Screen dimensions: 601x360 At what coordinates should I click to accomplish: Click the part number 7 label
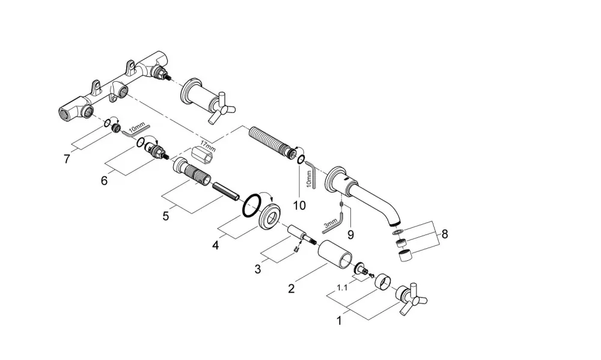coord(67,158)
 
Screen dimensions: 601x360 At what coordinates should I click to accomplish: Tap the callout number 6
coord(104,180)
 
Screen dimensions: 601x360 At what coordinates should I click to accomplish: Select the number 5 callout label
coord(166,216)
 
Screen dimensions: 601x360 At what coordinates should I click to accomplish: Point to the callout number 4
coord(216,245)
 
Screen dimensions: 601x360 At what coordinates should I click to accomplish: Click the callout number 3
coord(258,269)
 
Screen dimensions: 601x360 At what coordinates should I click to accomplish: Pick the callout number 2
coord(291,288)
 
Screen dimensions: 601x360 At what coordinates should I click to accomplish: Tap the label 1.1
coord(342,287)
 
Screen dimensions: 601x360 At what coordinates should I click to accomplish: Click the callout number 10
coord(300,206)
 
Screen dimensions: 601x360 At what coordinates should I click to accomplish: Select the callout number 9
coord(351,234)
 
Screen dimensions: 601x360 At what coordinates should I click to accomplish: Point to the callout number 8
coord(445,233)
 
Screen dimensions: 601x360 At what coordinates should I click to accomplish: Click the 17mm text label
coord(208,146)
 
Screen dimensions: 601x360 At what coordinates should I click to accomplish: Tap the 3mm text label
coord(331,224)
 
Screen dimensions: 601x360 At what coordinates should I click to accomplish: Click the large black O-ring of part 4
coord(251,206)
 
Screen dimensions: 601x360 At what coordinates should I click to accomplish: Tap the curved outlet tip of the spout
coord(395,221)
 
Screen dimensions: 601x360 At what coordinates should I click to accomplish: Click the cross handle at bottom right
coord(412,299)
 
